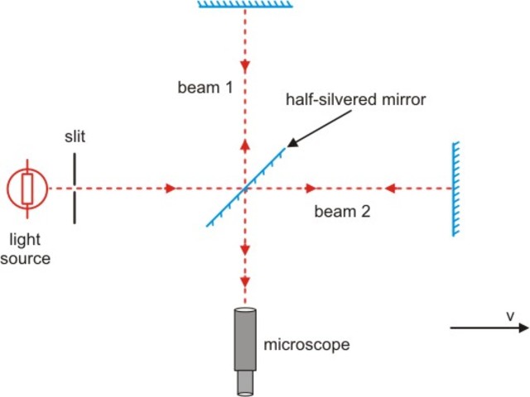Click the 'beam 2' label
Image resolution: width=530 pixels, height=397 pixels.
point(342,211)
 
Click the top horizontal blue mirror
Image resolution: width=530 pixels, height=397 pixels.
point(245,4)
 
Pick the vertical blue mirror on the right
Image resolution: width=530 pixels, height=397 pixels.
point(455,189)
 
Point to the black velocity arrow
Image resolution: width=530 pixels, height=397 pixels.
point(489,328)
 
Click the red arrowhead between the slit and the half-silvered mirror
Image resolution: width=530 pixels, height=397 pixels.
point(171,189)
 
